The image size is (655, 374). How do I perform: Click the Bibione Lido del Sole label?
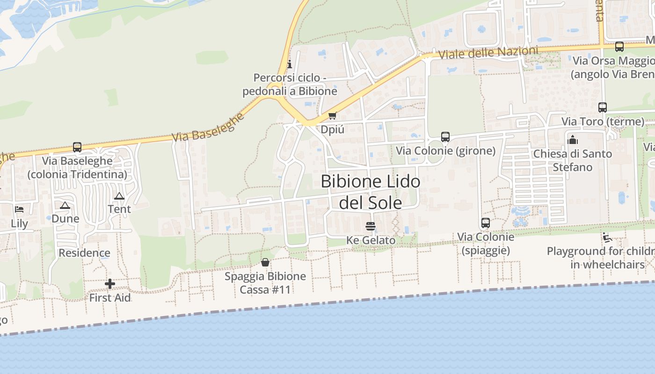point(370,192)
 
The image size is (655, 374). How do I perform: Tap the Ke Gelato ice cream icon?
point(371,226)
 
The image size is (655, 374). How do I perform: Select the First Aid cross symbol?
point(110,284)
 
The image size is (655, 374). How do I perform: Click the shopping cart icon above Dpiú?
point(332,115)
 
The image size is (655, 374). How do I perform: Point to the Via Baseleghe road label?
point(208,127)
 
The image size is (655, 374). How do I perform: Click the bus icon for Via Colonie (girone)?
point(445,137)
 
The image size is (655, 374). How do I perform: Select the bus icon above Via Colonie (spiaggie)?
point(486,223)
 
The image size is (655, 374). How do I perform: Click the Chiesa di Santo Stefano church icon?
point(573,140)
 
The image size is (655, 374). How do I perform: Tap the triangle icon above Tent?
point(119,196)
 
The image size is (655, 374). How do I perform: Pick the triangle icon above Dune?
point(65,205)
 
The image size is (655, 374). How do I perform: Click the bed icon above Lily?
point(19,209)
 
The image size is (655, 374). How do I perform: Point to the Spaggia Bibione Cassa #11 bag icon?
point(265,262)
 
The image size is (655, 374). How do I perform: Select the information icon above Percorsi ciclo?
point(290,64)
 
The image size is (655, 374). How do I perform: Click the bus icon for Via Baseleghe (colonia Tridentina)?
point(77,147)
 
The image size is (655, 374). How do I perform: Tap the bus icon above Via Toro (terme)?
point(603,108)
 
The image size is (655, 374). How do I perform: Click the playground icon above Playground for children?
point(607,237)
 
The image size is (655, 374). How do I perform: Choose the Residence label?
point(84,253)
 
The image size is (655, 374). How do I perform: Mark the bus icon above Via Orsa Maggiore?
point(619,47)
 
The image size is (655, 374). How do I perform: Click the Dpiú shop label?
point(333,129)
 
